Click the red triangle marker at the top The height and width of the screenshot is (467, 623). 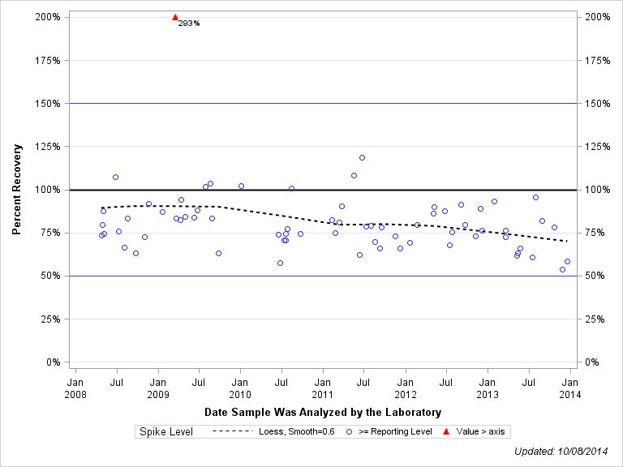click(175, 17)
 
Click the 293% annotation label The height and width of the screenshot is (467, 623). click(188, 23)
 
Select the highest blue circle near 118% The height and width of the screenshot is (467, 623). click(362, 157)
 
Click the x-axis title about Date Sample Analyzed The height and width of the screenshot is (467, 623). click(323, 412)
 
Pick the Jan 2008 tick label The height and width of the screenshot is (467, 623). click(75, 388)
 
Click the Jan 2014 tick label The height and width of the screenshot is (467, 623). click(569, 388)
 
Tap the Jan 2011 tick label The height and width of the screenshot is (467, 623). click(322, 388)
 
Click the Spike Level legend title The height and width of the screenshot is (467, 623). click(166, 431)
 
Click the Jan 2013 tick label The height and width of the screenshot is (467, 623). click(488, 388)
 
